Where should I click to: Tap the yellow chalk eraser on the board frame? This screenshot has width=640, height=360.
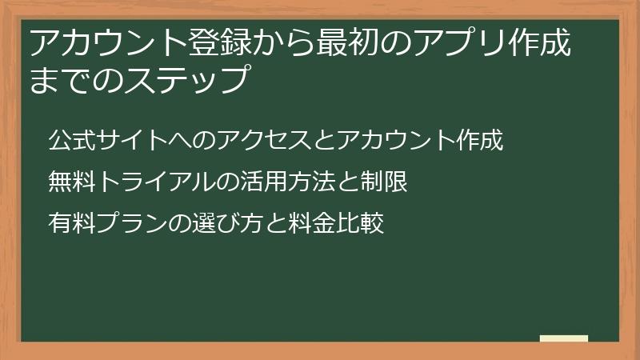(x=563, y=339)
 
